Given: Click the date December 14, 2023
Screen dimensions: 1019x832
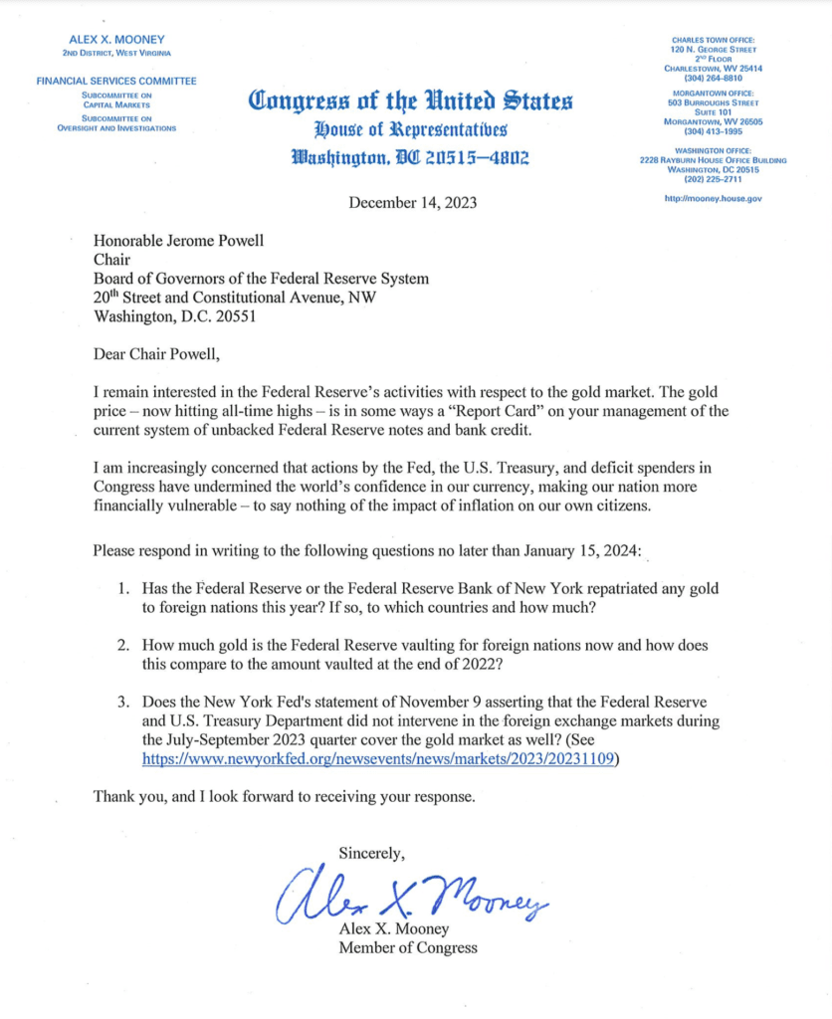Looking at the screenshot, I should point(412,203).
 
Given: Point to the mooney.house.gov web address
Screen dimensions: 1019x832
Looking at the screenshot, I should point(714,199).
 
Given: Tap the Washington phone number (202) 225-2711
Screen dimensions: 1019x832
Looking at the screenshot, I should point(714,179).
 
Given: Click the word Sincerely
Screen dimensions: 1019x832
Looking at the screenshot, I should point(372,853).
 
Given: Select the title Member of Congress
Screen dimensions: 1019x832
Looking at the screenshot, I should point(407,947).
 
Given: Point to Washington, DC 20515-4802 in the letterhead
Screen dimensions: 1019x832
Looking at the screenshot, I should point(410,157).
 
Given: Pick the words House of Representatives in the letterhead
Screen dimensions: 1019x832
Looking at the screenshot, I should point(410,129).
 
